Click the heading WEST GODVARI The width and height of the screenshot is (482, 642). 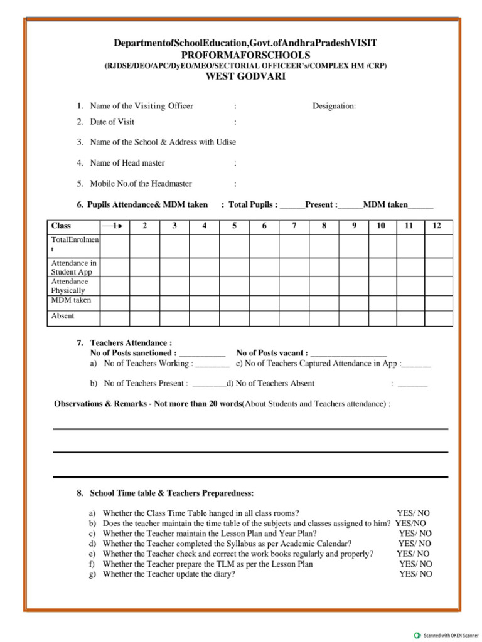245,76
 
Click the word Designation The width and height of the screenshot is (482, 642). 334,106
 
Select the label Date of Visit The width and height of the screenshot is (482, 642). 112,122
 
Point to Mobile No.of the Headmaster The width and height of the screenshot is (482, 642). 141,184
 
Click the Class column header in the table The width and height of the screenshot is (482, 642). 61,226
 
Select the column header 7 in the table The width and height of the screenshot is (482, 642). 294,226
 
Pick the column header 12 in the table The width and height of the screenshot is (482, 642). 437,226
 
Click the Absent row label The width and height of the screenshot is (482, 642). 62,316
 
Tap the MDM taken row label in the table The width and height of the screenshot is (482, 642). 70,300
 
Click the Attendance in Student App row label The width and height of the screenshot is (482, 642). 73,268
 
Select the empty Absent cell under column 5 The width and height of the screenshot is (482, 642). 234,317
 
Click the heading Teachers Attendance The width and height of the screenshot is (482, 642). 131,343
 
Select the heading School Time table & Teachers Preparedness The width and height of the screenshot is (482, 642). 172,493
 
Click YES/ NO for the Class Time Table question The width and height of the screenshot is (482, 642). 413,513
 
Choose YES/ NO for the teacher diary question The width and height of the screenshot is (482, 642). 415,574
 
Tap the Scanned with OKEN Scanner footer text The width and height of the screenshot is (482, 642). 451,635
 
